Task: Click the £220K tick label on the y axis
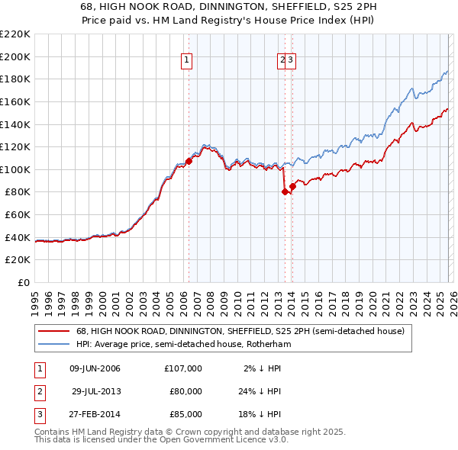[15, 34]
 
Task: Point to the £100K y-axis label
[15, 169]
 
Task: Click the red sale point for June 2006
[189, 161]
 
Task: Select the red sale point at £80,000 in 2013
[285, 191]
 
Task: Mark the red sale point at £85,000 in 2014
[292, 186]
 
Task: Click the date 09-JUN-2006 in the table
[95, 368]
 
